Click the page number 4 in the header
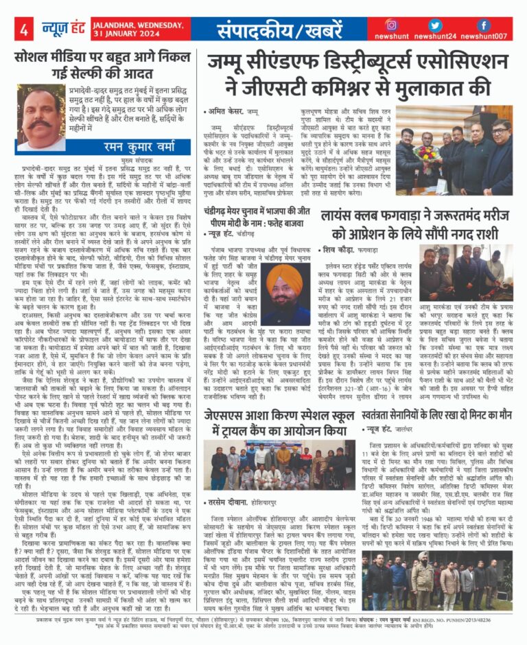pyautogui.click(x=24, y=30)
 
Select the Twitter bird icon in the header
pyautogui.click(x=434, y=25)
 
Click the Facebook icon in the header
pyautogui.click(x=484, y=25)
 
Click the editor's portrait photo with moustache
pyautogui.click(x=40, y=117)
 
